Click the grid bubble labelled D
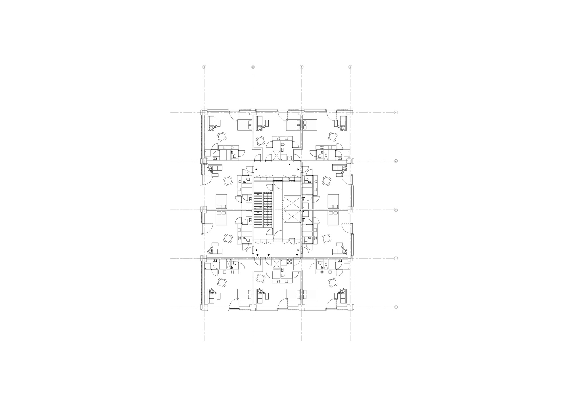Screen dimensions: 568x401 [x=204, y=67]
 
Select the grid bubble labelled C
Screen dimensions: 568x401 [x=253, y=67]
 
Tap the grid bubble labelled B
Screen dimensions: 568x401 [x=302, y=67]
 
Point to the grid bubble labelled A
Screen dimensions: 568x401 [x=350, y=67]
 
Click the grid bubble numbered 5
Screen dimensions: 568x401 [x=396, y=113]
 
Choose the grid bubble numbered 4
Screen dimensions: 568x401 [x=396, y=161]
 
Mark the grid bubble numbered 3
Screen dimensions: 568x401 [x=396, y=210]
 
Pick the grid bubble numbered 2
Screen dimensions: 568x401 [x=396, y=258]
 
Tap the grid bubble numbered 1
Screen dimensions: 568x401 [x=396, y=307]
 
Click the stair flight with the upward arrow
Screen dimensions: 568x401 [x=258, y=210]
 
